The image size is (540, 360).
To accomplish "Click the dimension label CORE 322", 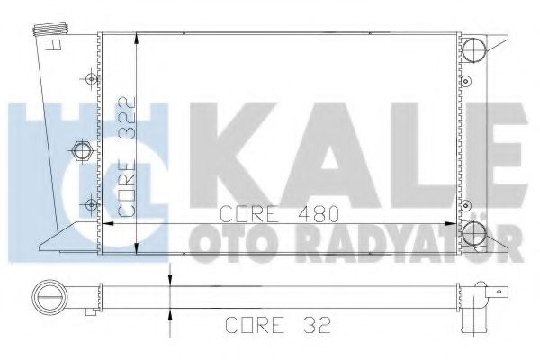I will tap(127, 158).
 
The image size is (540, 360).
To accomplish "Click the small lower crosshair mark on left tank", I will tap(89, 201).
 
